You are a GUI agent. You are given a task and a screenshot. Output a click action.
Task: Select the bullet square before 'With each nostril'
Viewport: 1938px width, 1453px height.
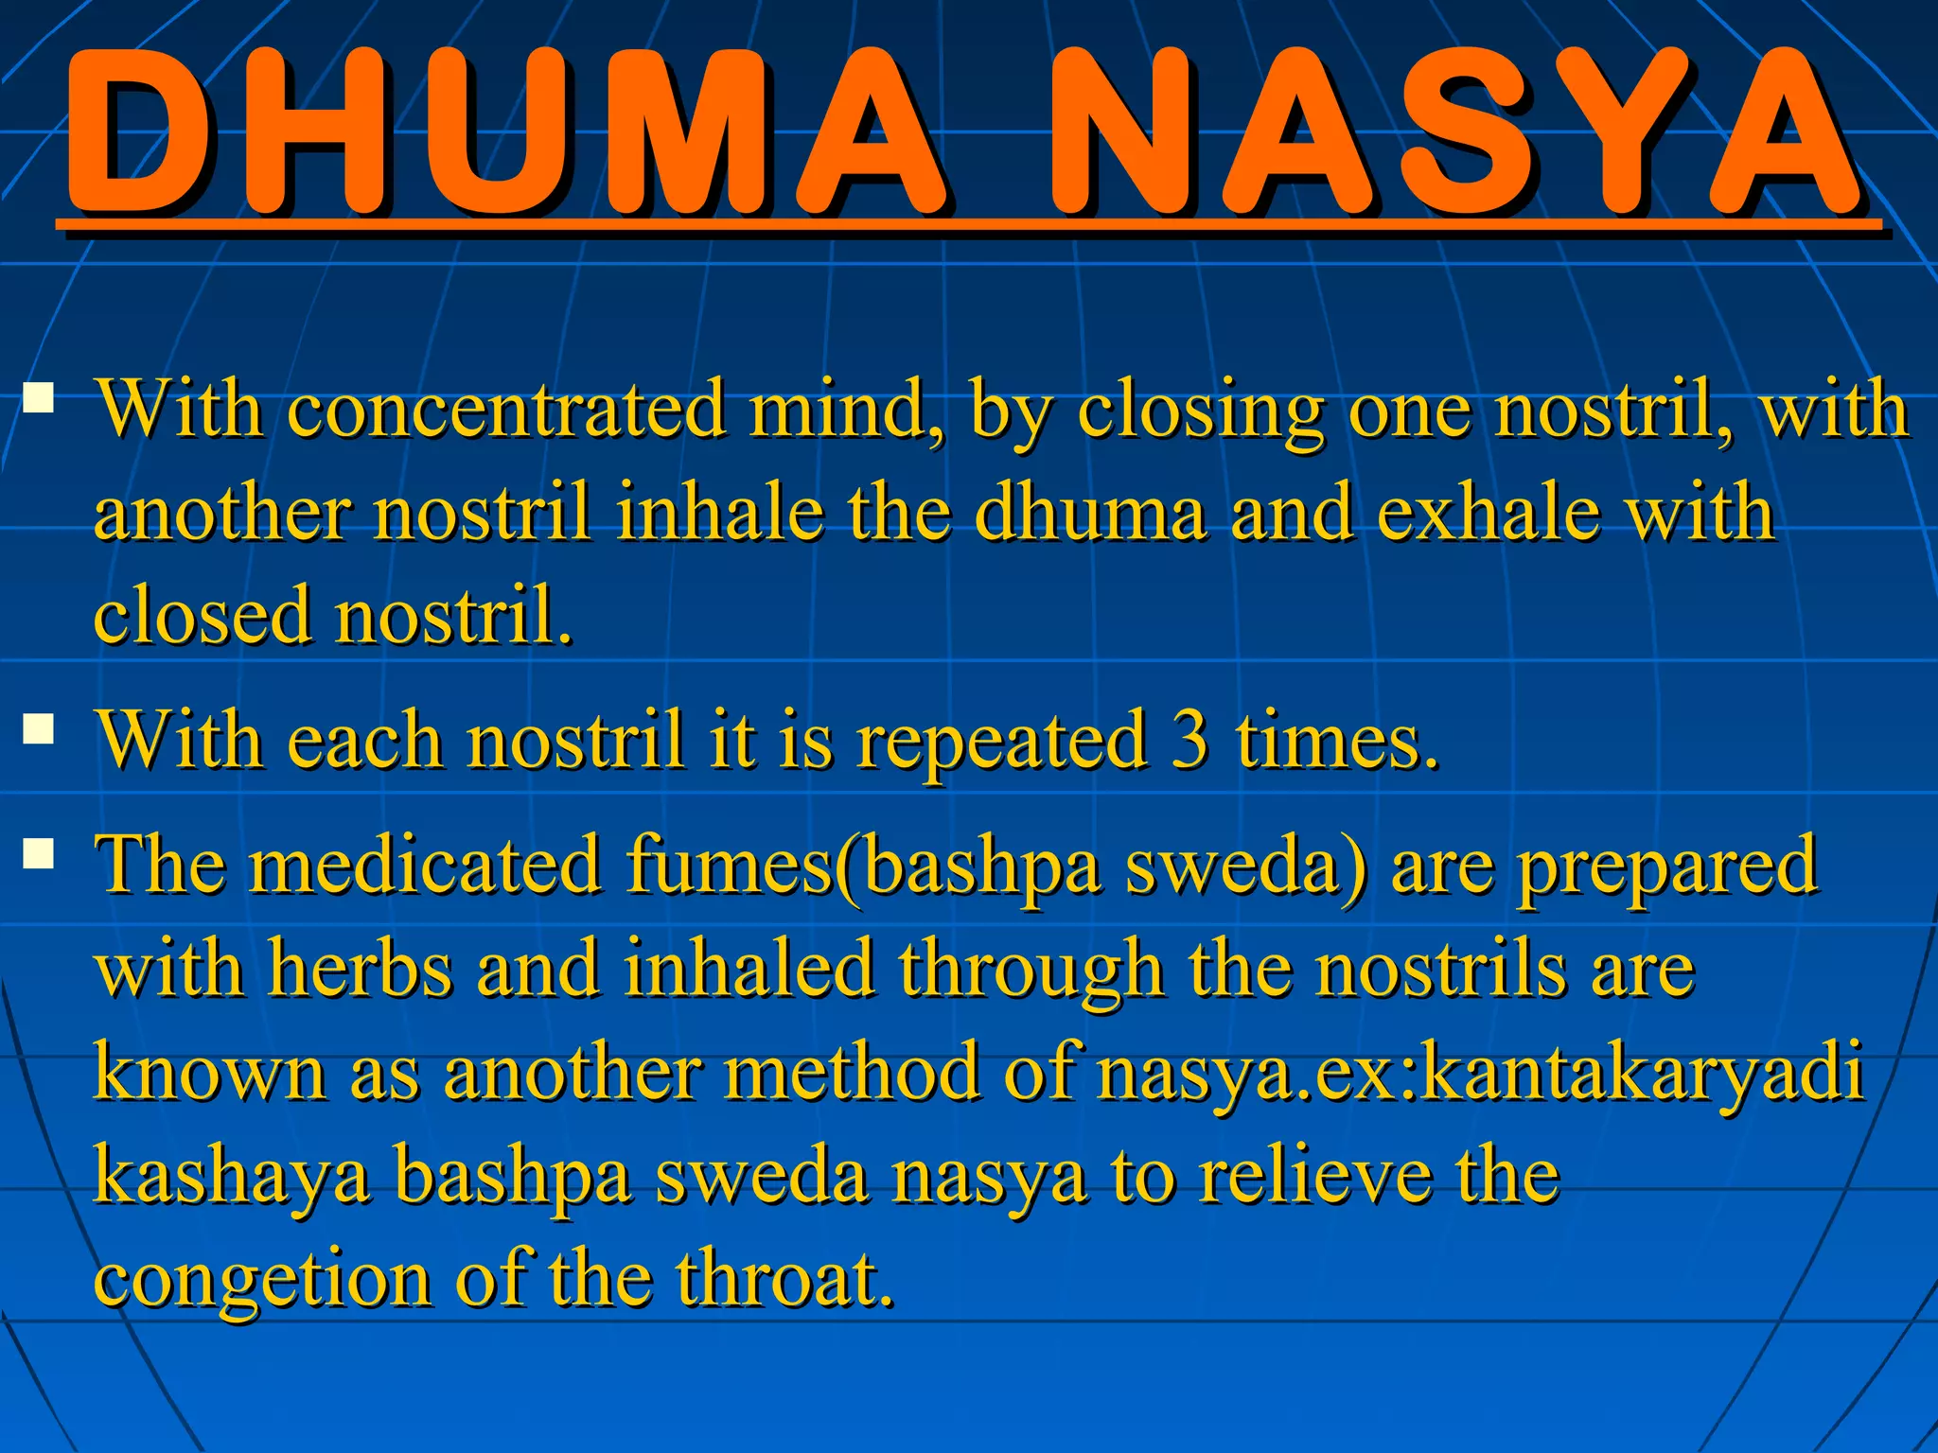point(39,729)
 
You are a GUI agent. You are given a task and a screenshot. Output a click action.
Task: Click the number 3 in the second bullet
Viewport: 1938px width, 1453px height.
point(1189,741)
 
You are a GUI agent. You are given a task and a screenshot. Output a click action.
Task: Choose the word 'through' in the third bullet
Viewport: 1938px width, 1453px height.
point(1031,972)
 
